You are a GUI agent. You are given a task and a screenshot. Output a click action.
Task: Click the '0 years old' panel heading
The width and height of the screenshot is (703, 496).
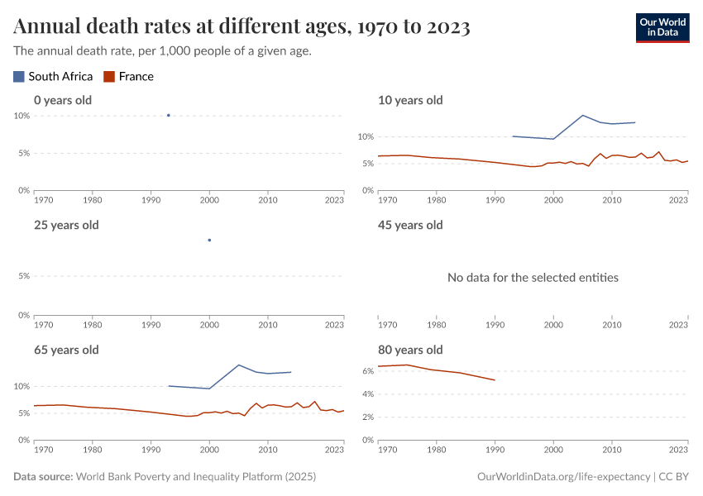pos(63,100)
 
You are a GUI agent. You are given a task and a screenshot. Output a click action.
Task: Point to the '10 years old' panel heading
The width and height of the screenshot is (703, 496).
pos(410,100)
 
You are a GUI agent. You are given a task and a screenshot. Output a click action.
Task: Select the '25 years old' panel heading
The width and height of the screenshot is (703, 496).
pos(66,225)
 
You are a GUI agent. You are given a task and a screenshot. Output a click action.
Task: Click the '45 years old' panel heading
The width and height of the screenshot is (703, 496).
pos(410,225)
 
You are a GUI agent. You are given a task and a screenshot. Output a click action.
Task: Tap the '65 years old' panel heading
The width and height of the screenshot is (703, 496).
pos(66,350)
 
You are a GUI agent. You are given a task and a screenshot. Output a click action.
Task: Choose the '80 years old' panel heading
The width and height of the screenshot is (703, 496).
pos(410,350)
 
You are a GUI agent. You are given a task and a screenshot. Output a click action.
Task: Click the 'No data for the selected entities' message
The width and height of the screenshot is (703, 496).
pos(533,278)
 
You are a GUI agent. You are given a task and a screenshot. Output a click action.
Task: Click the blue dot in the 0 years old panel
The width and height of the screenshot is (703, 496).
pos(169,115)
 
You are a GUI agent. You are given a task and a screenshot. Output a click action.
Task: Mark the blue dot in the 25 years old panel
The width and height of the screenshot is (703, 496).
pos(209,240)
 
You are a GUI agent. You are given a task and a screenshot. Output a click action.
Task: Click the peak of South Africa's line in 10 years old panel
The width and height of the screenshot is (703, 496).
pos(583,115)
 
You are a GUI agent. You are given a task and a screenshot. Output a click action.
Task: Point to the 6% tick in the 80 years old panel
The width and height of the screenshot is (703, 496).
pos(369,371)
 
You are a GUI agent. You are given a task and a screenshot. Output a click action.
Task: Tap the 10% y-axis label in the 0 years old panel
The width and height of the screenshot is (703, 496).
pos(22,116)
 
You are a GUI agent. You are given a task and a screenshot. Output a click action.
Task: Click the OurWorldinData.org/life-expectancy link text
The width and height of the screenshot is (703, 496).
pos(563,477)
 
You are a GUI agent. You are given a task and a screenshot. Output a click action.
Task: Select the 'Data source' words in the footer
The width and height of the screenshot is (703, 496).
pos(43,477)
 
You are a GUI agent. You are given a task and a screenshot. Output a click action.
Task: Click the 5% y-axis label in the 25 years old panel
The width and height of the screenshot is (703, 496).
pos(25,277)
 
